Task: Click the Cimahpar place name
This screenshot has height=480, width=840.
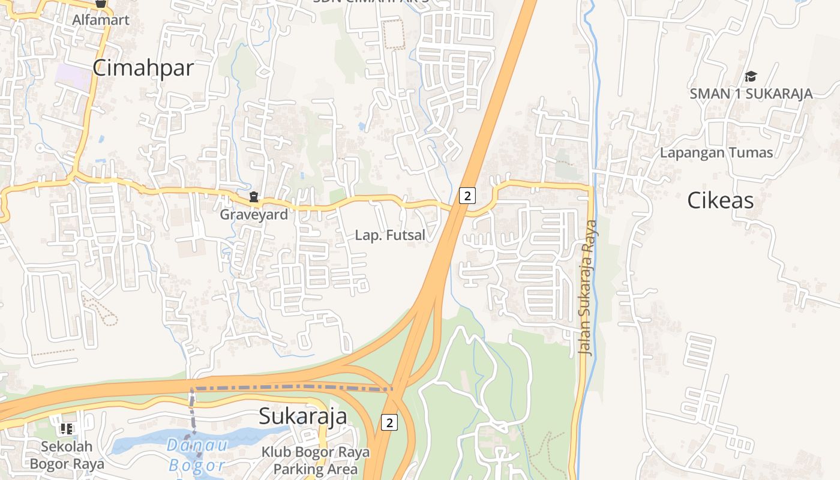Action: coord(143,68)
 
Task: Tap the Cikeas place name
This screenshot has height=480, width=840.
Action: coord(720,200)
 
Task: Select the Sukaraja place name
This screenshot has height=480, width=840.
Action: coord(302,416)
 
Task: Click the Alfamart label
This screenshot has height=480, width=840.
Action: coord(101,20)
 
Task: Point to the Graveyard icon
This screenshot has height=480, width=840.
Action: coord(254,197)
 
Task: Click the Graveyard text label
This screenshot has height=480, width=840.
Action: coord(254,214)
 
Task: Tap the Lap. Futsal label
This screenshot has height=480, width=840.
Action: coord(390,235)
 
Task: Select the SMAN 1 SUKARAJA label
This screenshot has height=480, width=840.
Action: coord(751,94)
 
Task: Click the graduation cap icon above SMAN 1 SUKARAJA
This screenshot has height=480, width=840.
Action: coord(751,76)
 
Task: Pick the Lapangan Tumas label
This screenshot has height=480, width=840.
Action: coord(716,152)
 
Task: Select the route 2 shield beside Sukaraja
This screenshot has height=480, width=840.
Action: coord(389,422)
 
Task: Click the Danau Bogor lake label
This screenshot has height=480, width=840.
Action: coord(197,455)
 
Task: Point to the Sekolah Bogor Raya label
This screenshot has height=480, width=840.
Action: coord(67,455)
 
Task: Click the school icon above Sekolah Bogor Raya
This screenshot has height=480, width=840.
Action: coord(67,428)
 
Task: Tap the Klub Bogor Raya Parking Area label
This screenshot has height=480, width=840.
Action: coord(316,460)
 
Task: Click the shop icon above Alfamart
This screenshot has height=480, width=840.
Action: coord(101,3)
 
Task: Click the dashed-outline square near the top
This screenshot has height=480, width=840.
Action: coord(394,34)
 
